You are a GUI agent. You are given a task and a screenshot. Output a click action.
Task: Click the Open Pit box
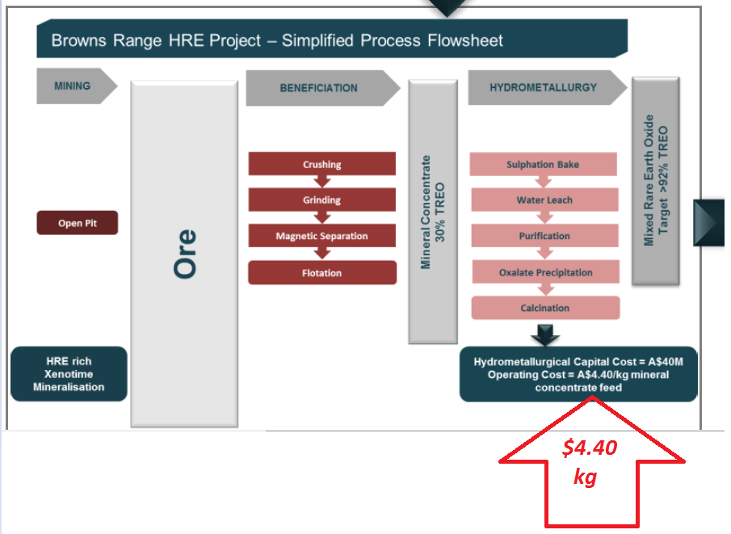(x=78, y=223)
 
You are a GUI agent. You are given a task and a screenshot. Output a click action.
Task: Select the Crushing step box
(x=321, y=164)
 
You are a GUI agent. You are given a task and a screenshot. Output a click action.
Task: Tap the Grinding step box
(x=321, y=200)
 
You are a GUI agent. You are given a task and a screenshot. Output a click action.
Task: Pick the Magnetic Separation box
(x=321, y=236)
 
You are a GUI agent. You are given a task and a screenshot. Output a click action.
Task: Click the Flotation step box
(x=322, y=272)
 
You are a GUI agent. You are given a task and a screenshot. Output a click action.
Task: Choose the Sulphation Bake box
(x=543, y=164)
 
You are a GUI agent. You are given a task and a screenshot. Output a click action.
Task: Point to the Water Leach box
(x=544, y=200)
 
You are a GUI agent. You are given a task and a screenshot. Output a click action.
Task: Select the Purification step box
(x=544, y=236)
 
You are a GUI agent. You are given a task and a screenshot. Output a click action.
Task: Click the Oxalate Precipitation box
(x=545, y=272)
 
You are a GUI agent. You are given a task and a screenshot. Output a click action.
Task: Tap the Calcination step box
(x=545, y=308)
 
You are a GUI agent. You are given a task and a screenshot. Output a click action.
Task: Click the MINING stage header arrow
(x=77, y=86)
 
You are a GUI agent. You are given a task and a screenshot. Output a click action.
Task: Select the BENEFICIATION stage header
(x=322, y=88)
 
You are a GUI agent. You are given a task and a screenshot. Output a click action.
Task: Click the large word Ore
(x=185, y=254)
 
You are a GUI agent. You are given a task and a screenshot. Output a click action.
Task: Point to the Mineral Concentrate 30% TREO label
(x=433, y=212)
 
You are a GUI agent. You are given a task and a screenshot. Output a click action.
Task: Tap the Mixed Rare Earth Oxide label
(x=649, y=180)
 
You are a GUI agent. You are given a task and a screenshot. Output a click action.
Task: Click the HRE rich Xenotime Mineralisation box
(x=69, y=373)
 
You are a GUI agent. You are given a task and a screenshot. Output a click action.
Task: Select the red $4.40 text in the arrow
(x=590, y=448)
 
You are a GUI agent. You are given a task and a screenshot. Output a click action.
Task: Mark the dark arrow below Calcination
(x=545, y=334)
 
